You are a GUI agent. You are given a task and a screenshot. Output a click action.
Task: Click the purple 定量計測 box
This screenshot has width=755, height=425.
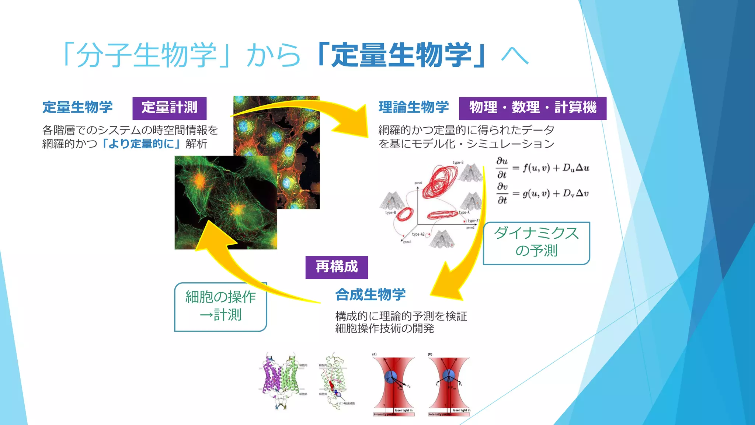click(169, 108)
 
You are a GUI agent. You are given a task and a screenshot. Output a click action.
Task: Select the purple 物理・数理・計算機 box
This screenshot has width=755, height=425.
click(532, 108)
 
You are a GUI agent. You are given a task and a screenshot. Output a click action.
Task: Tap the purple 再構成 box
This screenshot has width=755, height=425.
click(336, 267)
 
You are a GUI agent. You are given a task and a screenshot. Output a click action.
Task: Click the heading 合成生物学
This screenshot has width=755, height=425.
click(370, 295)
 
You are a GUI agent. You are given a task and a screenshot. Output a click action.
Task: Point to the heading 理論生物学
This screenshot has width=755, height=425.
click(413, 107)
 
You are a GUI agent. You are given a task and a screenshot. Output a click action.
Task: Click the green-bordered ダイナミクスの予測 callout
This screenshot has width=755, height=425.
click(536, 243)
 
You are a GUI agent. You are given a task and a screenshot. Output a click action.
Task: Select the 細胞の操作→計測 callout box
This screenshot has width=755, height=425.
click(220, 307)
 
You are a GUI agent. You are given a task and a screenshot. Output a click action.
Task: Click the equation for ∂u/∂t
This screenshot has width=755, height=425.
click(542, 168)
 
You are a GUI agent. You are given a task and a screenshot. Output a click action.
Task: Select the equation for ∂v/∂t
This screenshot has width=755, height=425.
click(542, 193)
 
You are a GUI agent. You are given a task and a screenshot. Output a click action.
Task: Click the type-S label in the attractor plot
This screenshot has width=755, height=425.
click(458, 163)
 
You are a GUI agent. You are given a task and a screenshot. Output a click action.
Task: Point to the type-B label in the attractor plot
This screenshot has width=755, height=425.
click(390, 213)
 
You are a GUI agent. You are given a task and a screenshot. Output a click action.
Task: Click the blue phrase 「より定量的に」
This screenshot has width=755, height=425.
click(141, 144)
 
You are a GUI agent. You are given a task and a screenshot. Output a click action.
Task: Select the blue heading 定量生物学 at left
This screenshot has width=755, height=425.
click(77, 107)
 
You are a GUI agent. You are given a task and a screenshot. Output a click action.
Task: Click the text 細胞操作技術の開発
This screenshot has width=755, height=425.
click(385, 328)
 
